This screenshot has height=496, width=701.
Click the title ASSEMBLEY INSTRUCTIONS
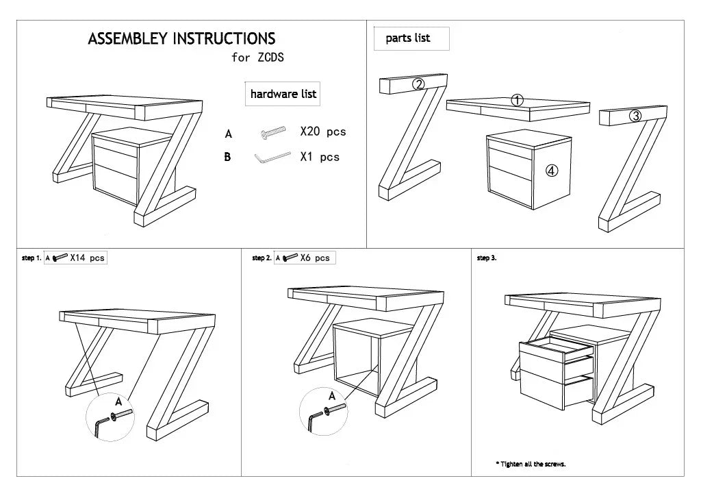coord(181,39)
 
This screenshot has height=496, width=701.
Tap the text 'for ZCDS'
coord(257,58)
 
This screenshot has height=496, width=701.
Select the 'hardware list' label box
coord(283,94)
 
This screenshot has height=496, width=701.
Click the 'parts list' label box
coord(408,38)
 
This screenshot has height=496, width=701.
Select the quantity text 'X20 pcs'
coord(323,132)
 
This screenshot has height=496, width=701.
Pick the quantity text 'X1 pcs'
coord(320,157)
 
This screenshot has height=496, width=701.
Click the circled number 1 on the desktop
coord(518,101)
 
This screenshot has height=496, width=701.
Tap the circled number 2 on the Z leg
coord(418,84)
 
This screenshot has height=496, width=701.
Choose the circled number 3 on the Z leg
coord(635,116)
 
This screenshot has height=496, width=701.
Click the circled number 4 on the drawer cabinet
coord(552,171)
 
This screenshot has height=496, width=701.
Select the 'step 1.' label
coord(31,258)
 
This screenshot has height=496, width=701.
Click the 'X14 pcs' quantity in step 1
coord(87,258)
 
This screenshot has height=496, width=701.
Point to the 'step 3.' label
coord(486,258)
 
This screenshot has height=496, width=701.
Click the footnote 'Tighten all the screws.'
coord(531,464)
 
